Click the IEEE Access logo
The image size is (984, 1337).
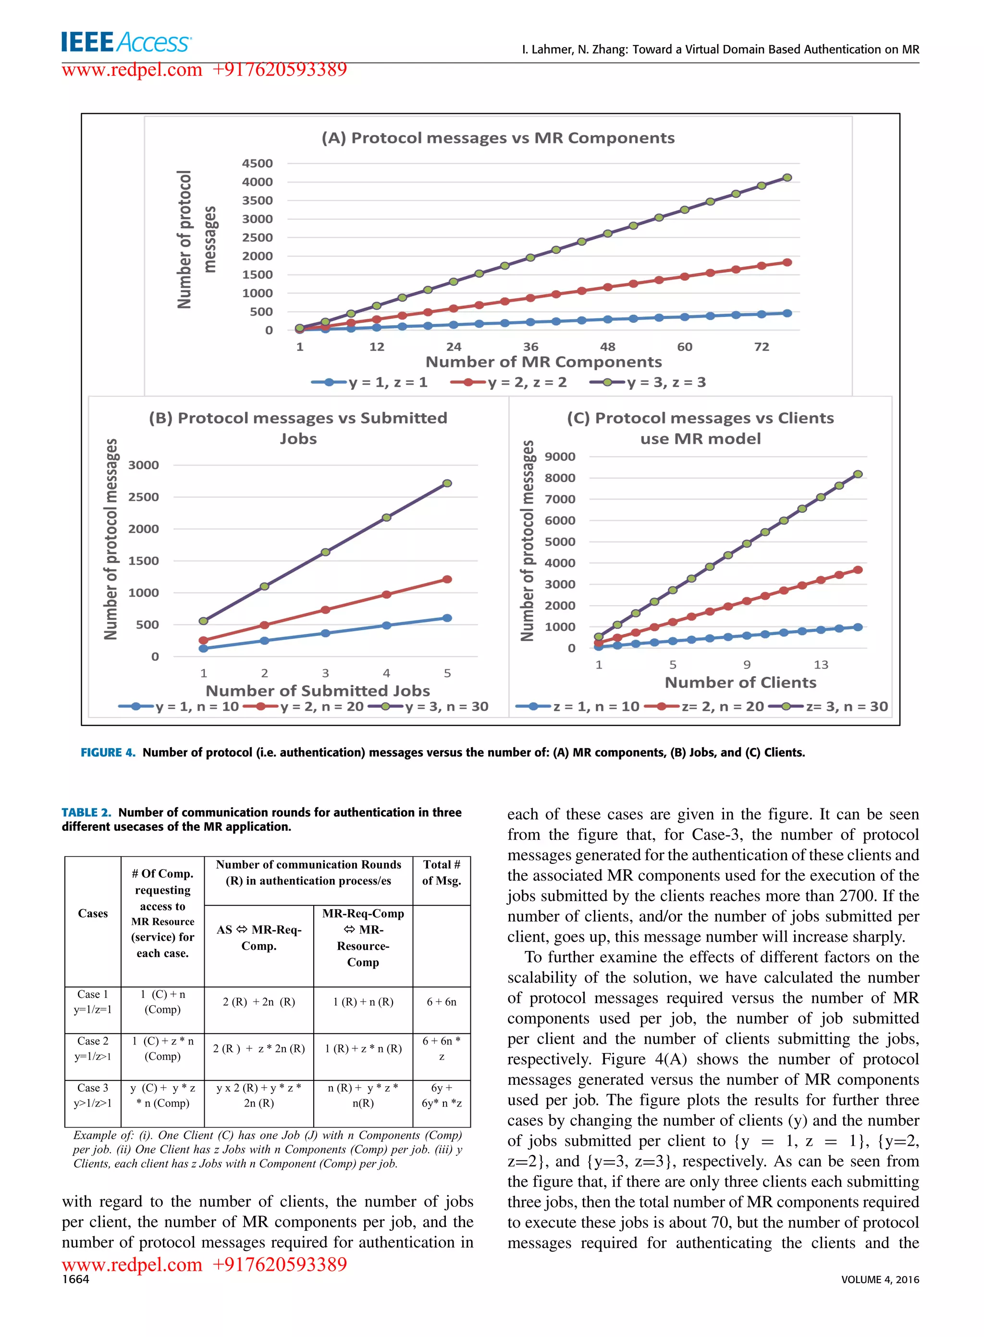(126, 42)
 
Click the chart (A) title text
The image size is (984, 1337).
(498, 138)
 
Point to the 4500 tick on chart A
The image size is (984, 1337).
(258, 163)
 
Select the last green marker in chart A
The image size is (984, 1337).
(787, 177)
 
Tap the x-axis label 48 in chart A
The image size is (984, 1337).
(608, 346)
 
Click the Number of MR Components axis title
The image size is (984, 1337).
(543, 362)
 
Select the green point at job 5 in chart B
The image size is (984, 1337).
(447, 484)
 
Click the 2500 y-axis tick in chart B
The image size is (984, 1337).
(144, 497)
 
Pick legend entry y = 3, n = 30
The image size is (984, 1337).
(447, 706)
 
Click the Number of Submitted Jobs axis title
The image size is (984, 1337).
(318, 691)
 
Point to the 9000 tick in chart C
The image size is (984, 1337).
(560, 457)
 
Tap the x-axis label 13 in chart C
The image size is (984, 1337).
(821, 664)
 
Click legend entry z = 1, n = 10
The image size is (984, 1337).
(596, 706)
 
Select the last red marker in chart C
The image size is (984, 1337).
(858, 570)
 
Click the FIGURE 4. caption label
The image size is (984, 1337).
(108, 753)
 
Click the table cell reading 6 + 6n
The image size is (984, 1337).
(442, 1002)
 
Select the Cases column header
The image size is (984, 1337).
(93, 913)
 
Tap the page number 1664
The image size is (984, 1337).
(75, 1279)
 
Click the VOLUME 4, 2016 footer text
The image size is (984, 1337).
(880, 1279)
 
